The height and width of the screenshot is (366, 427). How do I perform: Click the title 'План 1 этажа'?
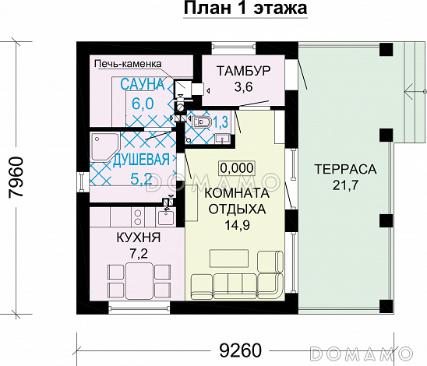245,9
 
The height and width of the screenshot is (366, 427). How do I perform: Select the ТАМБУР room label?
243,72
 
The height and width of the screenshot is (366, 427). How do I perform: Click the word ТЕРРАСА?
344,168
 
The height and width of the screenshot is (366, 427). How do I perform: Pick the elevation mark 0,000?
236,167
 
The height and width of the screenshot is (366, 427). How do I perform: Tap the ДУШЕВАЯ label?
141,160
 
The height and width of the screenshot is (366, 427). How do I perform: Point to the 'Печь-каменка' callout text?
125,64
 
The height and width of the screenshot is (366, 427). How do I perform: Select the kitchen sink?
115,214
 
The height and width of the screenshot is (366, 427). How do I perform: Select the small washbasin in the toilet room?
221,139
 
